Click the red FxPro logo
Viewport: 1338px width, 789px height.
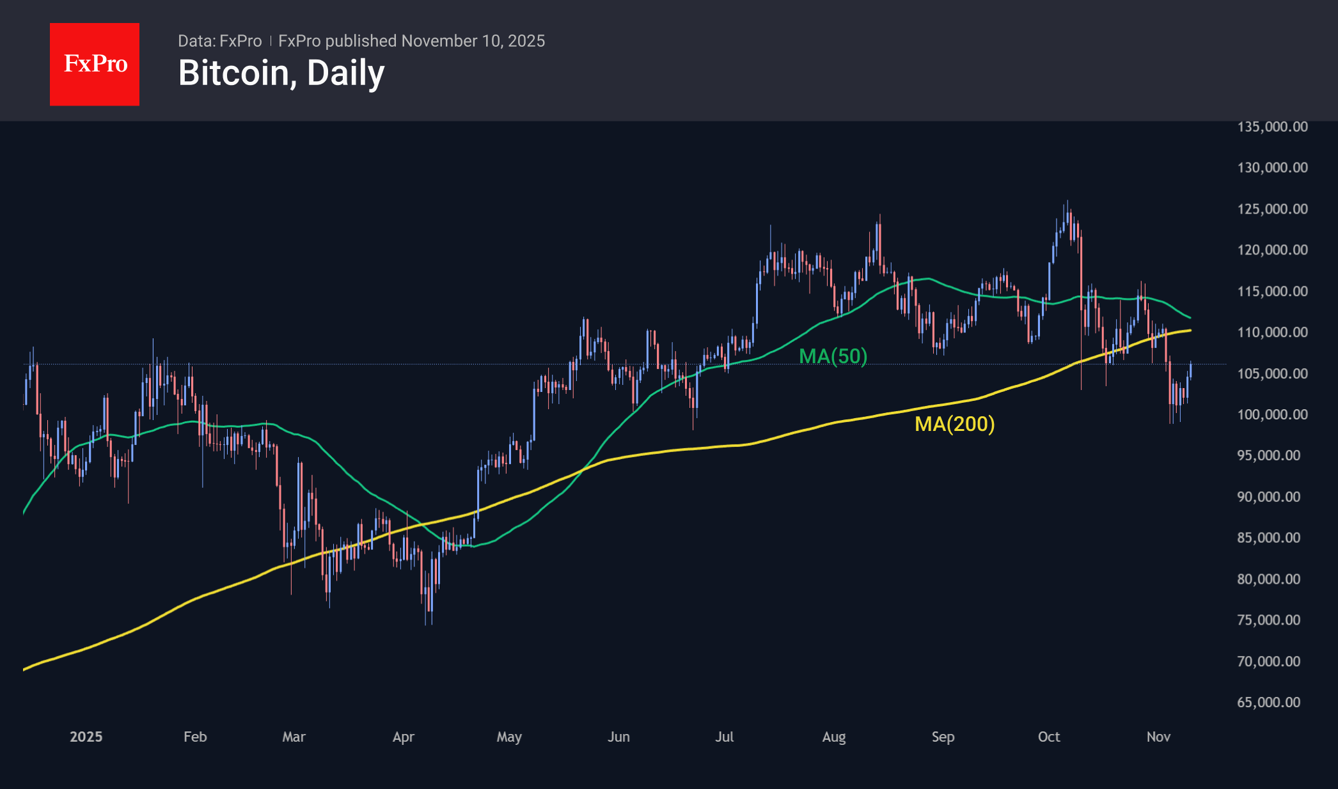tap(95, 64)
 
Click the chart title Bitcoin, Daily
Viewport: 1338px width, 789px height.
tap(281, 73)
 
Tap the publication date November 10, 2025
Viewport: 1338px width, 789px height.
tap(473, 41)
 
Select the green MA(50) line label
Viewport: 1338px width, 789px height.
tap(833, 356)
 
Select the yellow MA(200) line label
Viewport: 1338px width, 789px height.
tap(954, 424)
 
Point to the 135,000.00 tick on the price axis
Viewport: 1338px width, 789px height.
tap(1272, 127)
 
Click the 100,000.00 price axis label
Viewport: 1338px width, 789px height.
tap(1272, 414)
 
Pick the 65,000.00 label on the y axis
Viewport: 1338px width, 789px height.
tap(1268, 702)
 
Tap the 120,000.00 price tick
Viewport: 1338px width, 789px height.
tap(1272, 250)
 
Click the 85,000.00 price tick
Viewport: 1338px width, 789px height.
tap(1268, 538)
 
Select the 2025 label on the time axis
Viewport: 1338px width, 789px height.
tap(86, 737)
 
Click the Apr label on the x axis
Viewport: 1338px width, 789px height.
tap(403, 737)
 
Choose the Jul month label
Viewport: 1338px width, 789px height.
tap(724, 737)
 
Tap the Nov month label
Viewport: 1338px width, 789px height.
tap(1158, 737)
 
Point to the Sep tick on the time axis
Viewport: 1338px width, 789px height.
tap(943, 737)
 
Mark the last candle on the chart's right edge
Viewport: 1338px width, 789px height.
tap(1190, 370)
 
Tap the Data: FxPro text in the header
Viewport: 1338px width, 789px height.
tap(219, 41)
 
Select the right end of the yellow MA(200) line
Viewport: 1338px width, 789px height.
tap(1190, 331)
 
